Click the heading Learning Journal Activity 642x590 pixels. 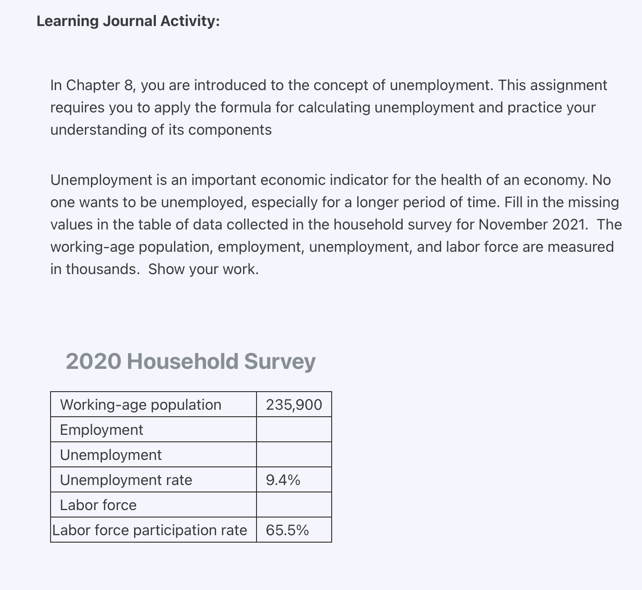pos(128,21)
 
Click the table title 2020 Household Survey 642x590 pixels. pos(190,361)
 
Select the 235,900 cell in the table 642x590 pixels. pos(294,405)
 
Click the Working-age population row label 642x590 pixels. pos(141,405)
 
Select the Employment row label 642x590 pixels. pos(102,430)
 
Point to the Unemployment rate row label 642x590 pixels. pos(126,480)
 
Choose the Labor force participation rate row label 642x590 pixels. pos(149,530)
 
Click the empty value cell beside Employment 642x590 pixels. pos(294,430)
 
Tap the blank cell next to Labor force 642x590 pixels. pos(294,505)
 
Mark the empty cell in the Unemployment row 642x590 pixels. pos(294,455)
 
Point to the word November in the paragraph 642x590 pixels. pos(513,225)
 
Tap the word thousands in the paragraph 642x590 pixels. pos(102,269)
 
